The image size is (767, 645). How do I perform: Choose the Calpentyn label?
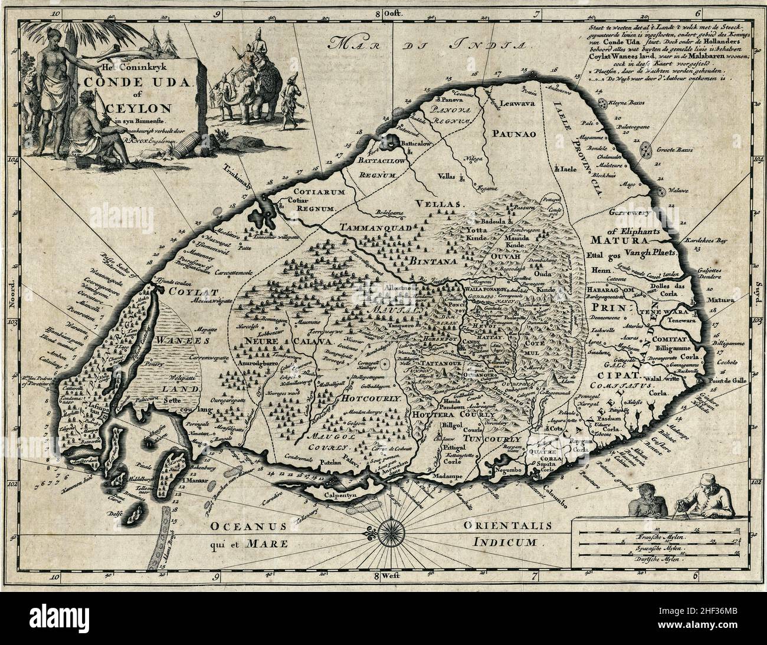click(344, 495)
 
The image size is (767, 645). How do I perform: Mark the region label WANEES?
click(176, 340)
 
